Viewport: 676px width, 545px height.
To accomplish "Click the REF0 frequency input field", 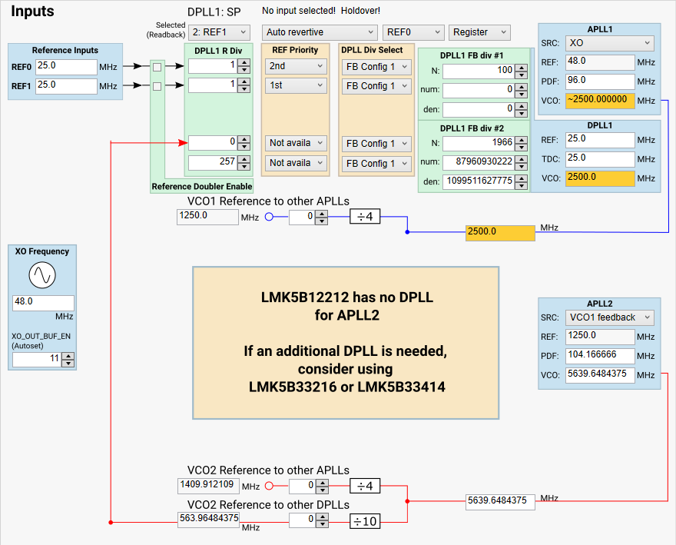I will (x=65, y=66).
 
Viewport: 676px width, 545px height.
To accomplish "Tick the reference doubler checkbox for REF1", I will (x=157, y=87).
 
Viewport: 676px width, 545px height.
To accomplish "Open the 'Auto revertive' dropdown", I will (x=320, y=32).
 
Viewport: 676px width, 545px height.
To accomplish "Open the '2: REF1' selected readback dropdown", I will (x=219, y=32).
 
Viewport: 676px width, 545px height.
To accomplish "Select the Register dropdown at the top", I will (x=479, y=32).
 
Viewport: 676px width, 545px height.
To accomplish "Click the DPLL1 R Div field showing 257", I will (x=212, y=162).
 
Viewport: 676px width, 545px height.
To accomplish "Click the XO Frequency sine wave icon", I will (x=42, y=275).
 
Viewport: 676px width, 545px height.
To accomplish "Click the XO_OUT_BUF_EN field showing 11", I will (x=36, y=359).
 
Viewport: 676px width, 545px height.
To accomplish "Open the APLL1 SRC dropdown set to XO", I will (x=609, y=43).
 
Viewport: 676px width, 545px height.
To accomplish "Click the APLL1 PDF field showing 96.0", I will (x=599, y=81).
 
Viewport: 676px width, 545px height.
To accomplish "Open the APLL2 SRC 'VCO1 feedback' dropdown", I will (x=609, y=317).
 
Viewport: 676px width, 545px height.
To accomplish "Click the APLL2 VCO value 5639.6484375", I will (x=599, y=374).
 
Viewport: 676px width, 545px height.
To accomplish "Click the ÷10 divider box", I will (x=365, y=520).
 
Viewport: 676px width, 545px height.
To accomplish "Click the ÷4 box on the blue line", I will (x=365, y=218).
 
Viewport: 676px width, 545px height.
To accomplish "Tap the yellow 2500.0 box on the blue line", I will (x=499, y=232).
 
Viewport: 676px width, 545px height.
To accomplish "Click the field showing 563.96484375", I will (x=208, y=518).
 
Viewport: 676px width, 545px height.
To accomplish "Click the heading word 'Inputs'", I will (x=32, y=12).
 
